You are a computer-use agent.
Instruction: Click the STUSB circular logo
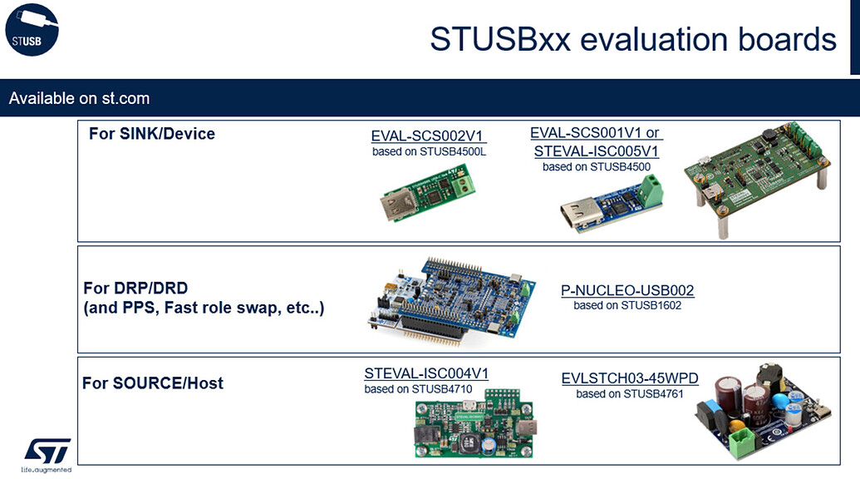tap(32, 30)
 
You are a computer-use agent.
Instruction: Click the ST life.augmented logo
tap(47, 452)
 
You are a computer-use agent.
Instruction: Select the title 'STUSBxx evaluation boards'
tap(632, 39)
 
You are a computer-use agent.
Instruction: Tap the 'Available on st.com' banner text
tap(79, 98)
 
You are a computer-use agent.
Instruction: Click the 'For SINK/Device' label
tap(151, 134)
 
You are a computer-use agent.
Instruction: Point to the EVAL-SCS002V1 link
tap(428, 136)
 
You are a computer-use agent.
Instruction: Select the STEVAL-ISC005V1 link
tap(596, 151)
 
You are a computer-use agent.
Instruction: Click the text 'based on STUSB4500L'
tap(428, 152)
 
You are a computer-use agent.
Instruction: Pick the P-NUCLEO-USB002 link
tap(627, 290)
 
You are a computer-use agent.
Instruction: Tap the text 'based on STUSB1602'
tap(627, 305)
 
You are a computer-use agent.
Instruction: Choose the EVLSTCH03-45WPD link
tap(630, 378)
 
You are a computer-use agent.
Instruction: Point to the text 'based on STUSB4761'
tap(630, 393)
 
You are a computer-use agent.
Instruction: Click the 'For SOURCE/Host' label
tap(152, 383)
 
